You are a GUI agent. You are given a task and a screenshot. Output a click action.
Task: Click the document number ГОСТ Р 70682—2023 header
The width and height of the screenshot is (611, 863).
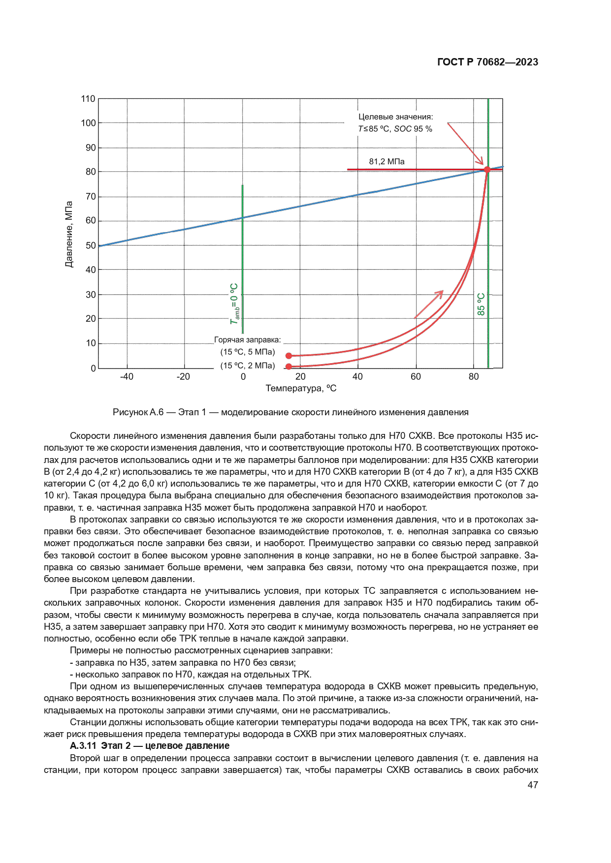coord(487,62)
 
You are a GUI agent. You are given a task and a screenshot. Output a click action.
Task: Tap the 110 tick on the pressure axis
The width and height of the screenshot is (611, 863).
coord(88,99)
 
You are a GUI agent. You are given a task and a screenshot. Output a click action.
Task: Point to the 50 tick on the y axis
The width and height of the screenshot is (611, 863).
coord(91,246)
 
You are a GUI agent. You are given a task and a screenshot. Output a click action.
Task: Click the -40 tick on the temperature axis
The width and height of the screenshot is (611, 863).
coord(127,377)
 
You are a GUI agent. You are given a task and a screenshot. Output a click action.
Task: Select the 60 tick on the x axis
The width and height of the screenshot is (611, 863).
coord(416,377)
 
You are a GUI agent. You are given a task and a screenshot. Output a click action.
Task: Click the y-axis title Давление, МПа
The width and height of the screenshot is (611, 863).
coord(69,234)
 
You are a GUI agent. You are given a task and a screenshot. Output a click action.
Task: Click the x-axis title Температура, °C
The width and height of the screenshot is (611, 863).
coord(301,389)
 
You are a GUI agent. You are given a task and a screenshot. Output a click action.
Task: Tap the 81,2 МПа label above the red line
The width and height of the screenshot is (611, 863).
coord(386,161)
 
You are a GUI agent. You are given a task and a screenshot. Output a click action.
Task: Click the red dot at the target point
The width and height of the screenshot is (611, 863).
coord(487,170)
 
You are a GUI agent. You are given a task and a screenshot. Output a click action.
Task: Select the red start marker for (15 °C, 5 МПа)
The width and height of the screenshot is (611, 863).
coord(289,356)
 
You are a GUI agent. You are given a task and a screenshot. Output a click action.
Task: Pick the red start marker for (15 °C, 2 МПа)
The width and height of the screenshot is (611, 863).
coord(289,366)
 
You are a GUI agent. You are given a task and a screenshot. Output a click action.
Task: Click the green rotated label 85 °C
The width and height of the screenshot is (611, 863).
coord(481,304)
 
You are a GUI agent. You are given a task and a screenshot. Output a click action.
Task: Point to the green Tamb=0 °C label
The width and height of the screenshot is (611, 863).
coord(235,304)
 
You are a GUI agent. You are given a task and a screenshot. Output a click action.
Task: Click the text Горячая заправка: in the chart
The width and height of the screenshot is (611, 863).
coord(247,340)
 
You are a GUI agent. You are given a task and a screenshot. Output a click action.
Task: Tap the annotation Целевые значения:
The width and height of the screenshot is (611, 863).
coord(395,117)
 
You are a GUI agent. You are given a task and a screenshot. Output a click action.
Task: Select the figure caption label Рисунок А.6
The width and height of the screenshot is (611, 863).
coord(138,412)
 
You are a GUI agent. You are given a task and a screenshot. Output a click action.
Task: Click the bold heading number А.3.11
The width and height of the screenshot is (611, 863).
coord(83,746)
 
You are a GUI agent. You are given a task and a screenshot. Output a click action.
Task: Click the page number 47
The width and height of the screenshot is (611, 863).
coord(532,785)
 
